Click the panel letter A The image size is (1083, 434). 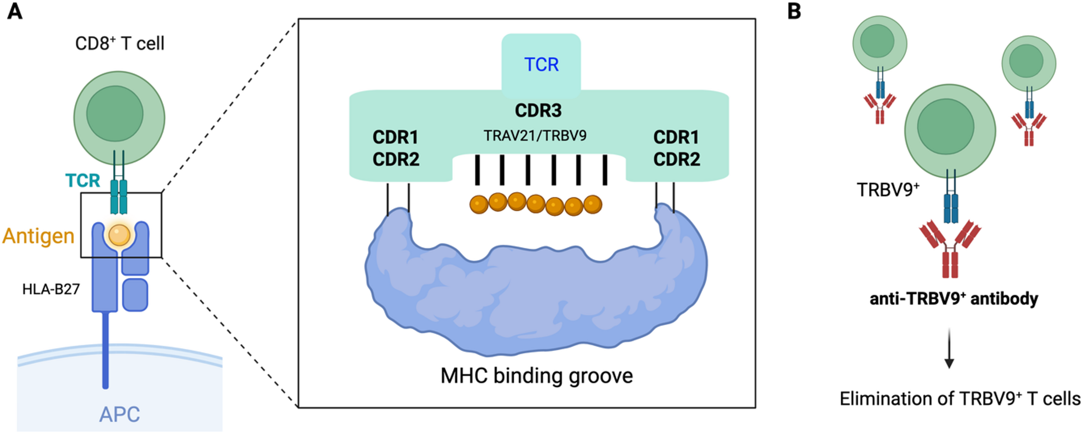pyautogui.click(x=15, y=11)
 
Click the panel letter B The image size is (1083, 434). pyautogui.click(x=794, y=11)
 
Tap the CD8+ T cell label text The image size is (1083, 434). pyautogui.click(x=120, y=43)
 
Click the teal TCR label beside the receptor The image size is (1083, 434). pyautogui.click(x=83, y=180)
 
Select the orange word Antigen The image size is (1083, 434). pyautogui.click(x=38, y=236)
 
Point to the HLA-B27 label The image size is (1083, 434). pyautogui.click(x=51, y=289)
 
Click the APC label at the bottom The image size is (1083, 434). pyautogui.click(x=120, y=415)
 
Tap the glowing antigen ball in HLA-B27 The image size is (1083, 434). pyautogui.click(x=120, y=235)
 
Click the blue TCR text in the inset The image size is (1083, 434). pyautogui.click(x=541, y=65)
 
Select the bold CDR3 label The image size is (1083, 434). pyautogui.click(x=538, y=110)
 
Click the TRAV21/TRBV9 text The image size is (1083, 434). pyautogui.click(x=535, y=136)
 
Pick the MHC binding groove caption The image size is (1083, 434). pyautogui.click(x=537, y=376)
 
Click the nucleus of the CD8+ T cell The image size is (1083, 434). pyautogui.click(x=115, y=114)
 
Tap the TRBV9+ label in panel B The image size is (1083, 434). pyautogui.click(x=888, y=189)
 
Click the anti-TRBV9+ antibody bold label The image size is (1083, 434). pyautogui.click(x=954, y=298)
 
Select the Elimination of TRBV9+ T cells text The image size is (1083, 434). pyautogui.click(x=960, y=399)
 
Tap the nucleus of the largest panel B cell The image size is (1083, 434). pyautogui.click(x=946, y=126)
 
